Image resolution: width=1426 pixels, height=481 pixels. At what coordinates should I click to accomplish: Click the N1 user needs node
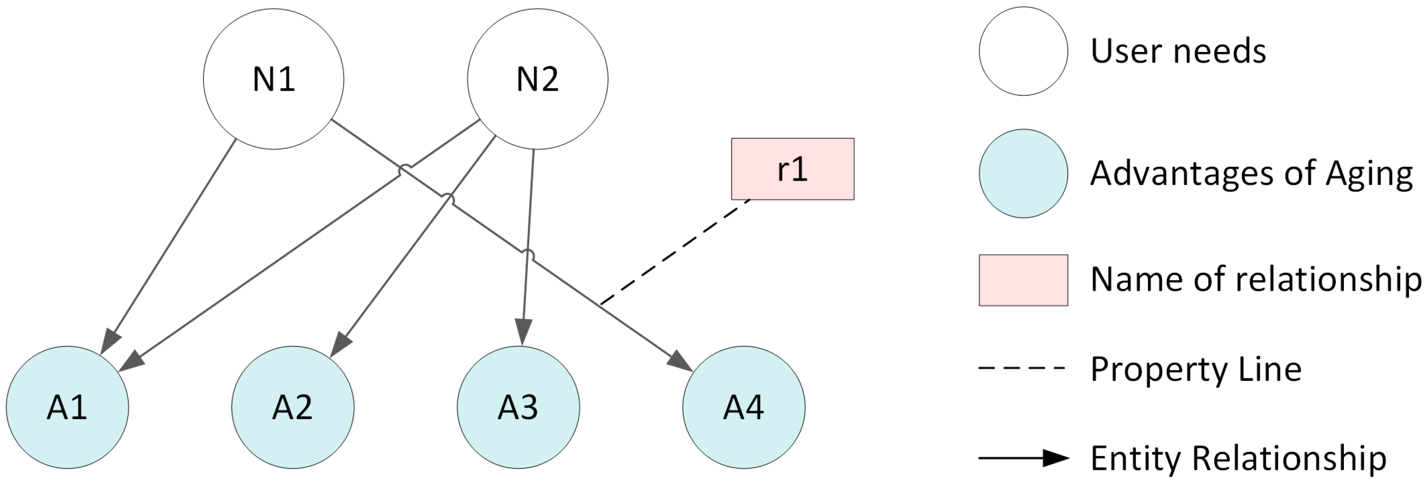click(274, 79)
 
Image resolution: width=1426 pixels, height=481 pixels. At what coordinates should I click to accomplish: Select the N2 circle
click(538, 79)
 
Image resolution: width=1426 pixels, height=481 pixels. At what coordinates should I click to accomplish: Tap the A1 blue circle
click(68, 407)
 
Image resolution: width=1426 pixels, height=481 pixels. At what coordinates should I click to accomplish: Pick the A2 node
click(293, 407)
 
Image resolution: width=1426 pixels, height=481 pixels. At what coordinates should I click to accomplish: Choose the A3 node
click(518, 407)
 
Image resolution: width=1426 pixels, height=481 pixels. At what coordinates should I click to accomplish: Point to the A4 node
click(743, 407)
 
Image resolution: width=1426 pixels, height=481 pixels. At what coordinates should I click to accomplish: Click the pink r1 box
click(792, 169)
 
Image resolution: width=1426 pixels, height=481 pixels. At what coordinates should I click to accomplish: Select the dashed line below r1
click(675, 252)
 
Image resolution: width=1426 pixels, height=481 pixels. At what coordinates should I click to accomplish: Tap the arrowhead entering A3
click(523, 334)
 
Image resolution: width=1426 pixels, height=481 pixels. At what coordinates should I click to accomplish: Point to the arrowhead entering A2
click(340, 346)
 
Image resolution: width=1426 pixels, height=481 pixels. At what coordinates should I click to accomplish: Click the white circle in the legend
click(1023, 51)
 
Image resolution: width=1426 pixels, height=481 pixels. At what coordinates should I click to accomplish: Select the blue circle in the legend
click(1023, 173)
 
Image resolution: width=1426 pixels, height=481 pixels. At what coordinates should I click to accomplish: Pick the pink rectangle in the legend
click(1023, 280)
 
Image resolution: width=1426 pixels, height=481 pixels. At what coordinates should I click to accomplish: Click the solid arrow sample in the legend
click(1023, 458)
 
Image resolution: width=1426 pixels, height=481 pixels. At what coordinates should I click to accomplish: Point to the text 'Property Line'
click(1196, 369)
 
